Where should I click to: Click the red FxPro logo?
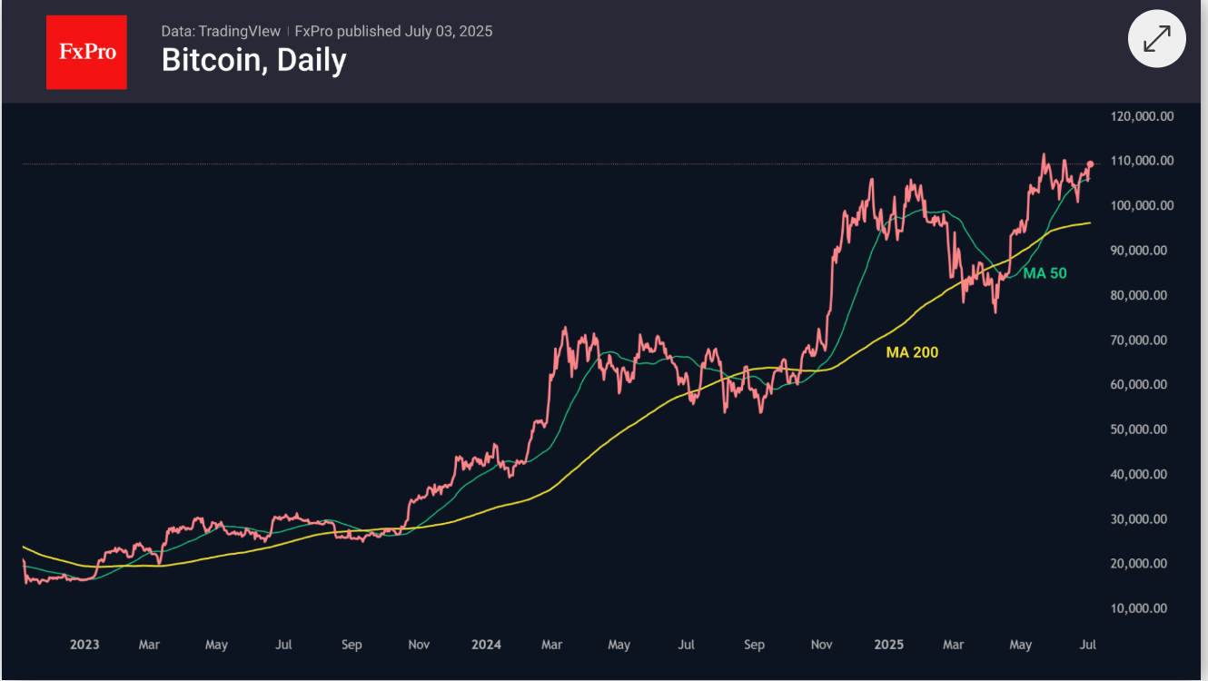point(87,52)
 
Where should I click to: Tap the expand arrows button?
point(1156,39)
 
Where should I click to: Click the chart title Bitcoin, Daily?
point(253,60)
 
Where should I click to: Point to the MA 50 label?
point(1045,272)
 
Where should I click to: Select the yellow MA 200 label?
point(912,352)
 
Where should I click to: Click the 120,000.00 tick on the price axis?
point(1143,116)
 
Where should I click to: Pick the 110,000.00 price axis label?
point(1143,161)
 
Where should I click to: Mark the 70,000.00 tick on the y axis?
point(1143,340)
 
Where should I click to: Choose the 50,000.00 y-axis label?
point(1143,429)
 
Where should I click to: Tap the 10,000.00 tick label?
point(1143,608)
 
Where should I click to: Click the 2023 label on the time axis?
point(84,645)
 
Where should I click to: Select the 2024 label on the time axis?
point(487,645)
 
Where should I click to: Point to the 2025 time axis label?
point(889,645)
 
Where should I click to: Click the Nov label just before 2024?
point(419,645)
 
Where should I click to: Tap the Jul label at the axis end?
point(1088,645)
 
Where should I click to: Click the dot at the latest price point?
point(1090,164)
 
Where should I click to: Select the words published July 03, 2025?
point(415,31)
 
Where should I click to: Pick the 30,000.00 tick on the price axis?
point(1143,519)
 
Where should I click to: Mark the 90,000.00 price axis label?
point(1143,251)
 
